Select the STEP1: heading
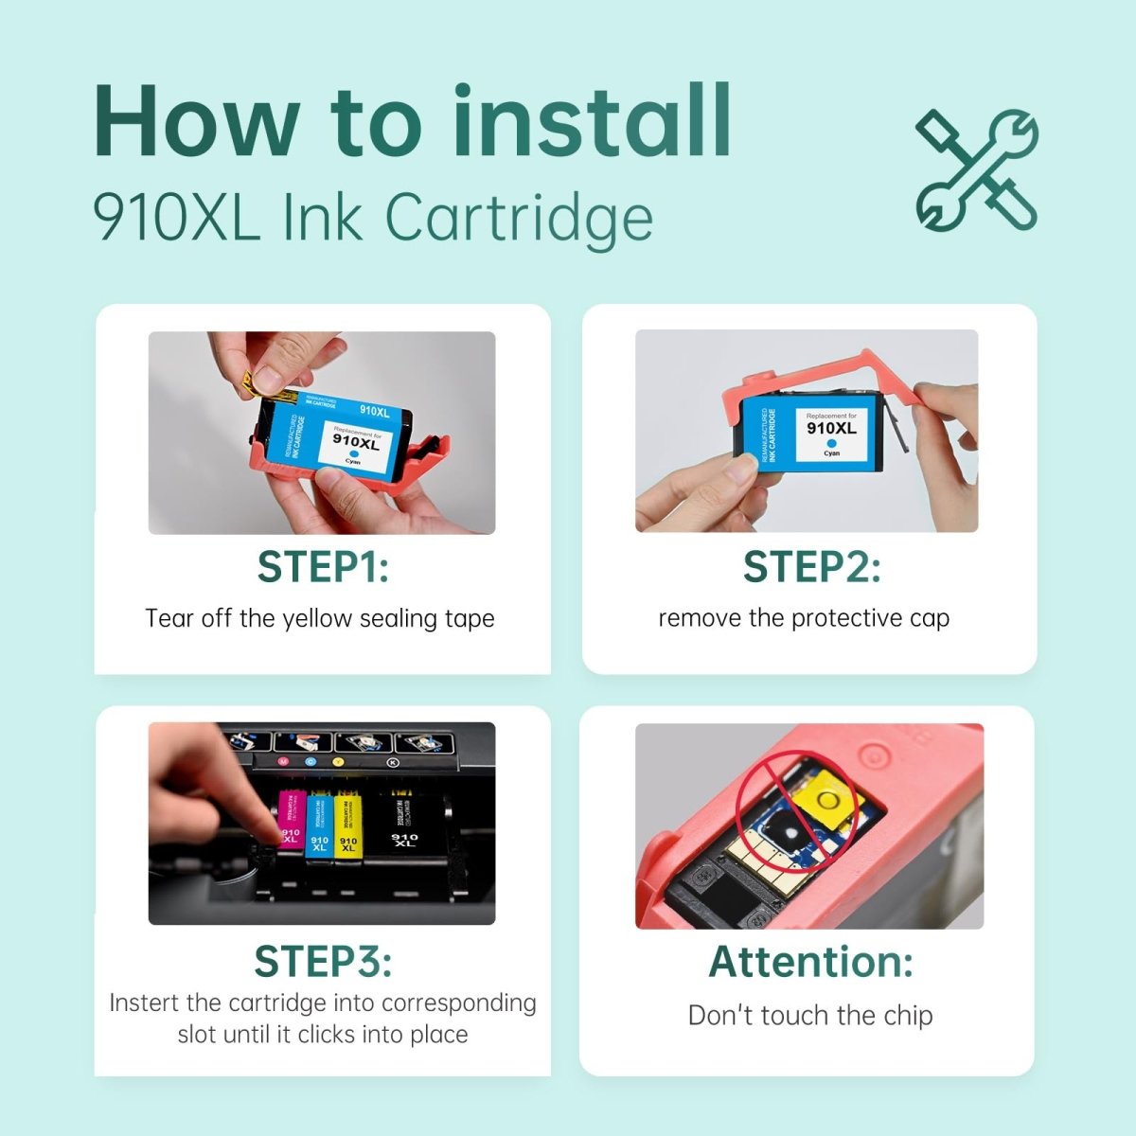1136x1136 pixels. click(323, 567)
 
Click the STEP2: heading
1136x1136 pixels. click(811, 567)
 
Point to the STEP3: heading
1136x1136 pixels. click(323, 961)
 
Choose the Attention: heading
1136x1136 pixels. click(811, 961)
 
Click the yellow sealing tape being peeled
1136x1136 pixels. click(254, 381)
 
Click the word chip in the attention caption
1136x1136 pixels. click(908, 1015)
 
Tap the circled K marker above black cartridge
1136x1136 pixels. click(394, 762)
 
